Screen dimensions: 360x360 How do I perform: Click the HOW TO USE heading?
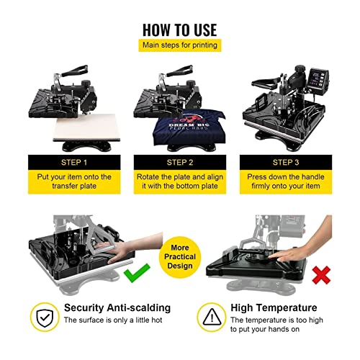(x=180, y=30)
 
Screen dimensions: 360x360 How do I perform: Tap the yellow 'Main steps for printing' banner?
(x=180, y=45)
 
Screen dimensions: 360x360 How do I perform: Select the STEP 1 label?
(x=74, y=163)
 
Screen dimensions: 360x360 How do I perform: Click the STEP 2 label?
(x=180, y=163)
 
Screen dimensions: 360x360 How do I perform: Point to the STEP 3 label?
(x=286, y=163)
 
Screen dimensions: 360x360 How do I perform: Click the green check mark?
(x=137, y=273)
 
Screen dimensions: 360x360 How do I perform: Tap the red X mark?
(x=321, y=275)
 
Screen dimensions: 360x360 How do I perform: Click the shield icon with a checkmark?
(x=45, y=318)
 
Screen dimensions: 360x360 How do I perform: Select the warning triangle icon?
(x=212, y=317)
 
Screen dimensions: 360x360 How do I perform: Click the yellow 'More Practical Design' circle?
(x=180, y=257)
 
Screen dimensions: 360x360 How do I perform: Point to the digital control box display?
(x=318, y=78)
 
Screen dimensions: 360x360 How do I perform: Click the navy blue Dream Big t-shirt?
(x=189, y=127)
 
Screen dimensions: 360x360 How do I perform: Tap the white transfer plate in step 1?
(x=87, y=127)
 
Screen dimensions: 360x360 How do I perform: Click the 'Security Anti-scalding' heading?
(x=117, y=307)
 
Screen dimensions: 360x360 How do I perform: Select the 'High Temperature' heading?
(x=274, y=307)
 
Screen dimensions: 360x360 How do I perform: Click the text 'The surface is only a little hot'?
(x=113, y=320)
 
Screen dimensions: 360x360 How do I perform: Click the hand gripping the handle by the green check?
(x=130, y=246)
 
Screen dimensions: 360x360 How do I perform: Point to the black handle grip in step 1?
(x=75, y=71)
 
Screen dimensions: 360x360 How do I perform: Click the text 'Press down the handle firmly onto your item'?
(x=286, y=181)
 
